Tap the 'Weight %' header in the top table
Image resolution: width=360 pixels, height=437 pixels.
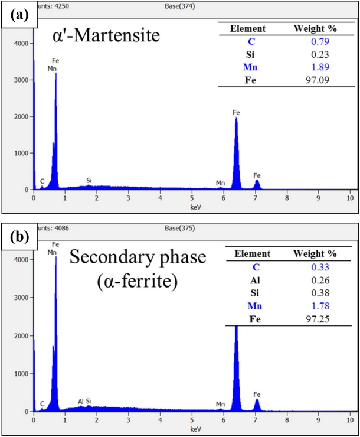[x=315, y=28]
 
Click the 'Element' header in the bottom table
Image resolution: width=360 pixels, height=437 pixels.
[x=253, y=254]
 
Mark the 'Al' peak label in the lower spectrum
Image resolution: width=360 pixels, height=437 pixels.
[x=81, y=401]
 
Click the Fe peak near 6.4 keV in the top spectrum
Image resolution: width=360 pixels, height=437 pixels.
[x=236, y=118]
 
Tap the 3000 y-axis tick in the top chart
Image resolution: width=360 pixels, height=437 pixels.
[x=20, y=80]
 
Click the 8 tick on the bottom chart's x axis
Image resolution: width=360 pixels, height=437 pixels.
[x=287, y=419]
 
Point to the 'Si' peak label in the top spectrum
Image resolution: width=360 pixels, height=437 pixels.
[x=89, y=180]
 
